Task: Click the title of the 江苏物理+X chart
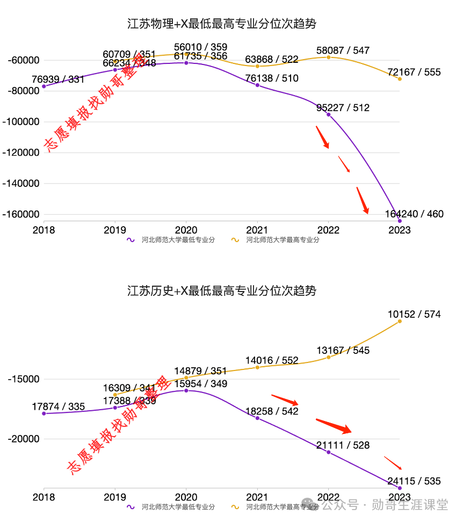(x=221, y=24)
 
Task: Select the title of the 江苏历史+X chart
(x=221, y=291)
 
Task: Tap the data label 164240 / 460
(x=414, y=214)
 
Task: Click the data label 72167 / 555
(x=414, y=72)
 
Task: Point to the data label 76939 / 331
(x=58, y=79)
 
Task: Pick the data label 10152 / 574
(x=414, y=314)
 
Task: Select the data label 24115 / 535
(x=414, y=481)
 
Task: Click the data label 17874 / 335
(x=58, y=406)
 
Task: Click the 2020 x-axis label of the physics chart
(x=186, y=230)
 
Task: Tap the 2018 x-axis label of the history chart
(x=44, y=498)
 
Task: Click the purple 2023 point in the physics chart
(x=400, y=221)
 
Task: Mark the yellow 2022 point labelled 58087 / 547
(x=328, y=57)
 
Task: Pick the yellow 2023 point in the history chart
(x=400, y=321)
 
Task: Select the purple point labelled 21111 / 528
(x=328, y=452)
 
